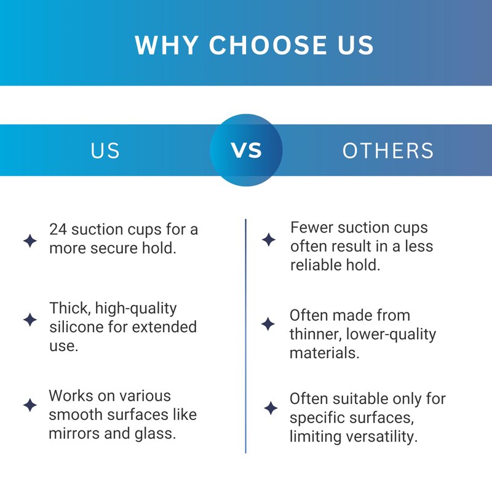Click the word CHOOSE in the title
[x=269, y=45]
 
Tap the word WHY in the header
[x=167, y=45]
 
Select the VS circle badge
[x=247, y=150]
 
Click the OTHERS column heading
[x=388, y=151]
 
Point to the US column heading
[x=105, y=151]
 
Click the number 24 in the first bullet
[x=58, y=229]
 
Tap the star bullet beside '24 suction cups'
[x=30, y=240]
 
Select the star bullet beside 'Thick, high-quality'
[x=30, y=319]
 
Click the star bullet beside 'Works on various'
[x=30, y=405]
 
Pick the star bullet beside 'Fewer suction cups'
[x=269, y=239]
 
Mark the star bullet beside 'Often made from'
[x=268, y=324]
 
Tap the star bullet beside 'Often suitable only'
[x=271, y=408]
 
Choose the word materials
[x=325, y=353]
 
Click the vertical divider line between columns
[x=245, y=336]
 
